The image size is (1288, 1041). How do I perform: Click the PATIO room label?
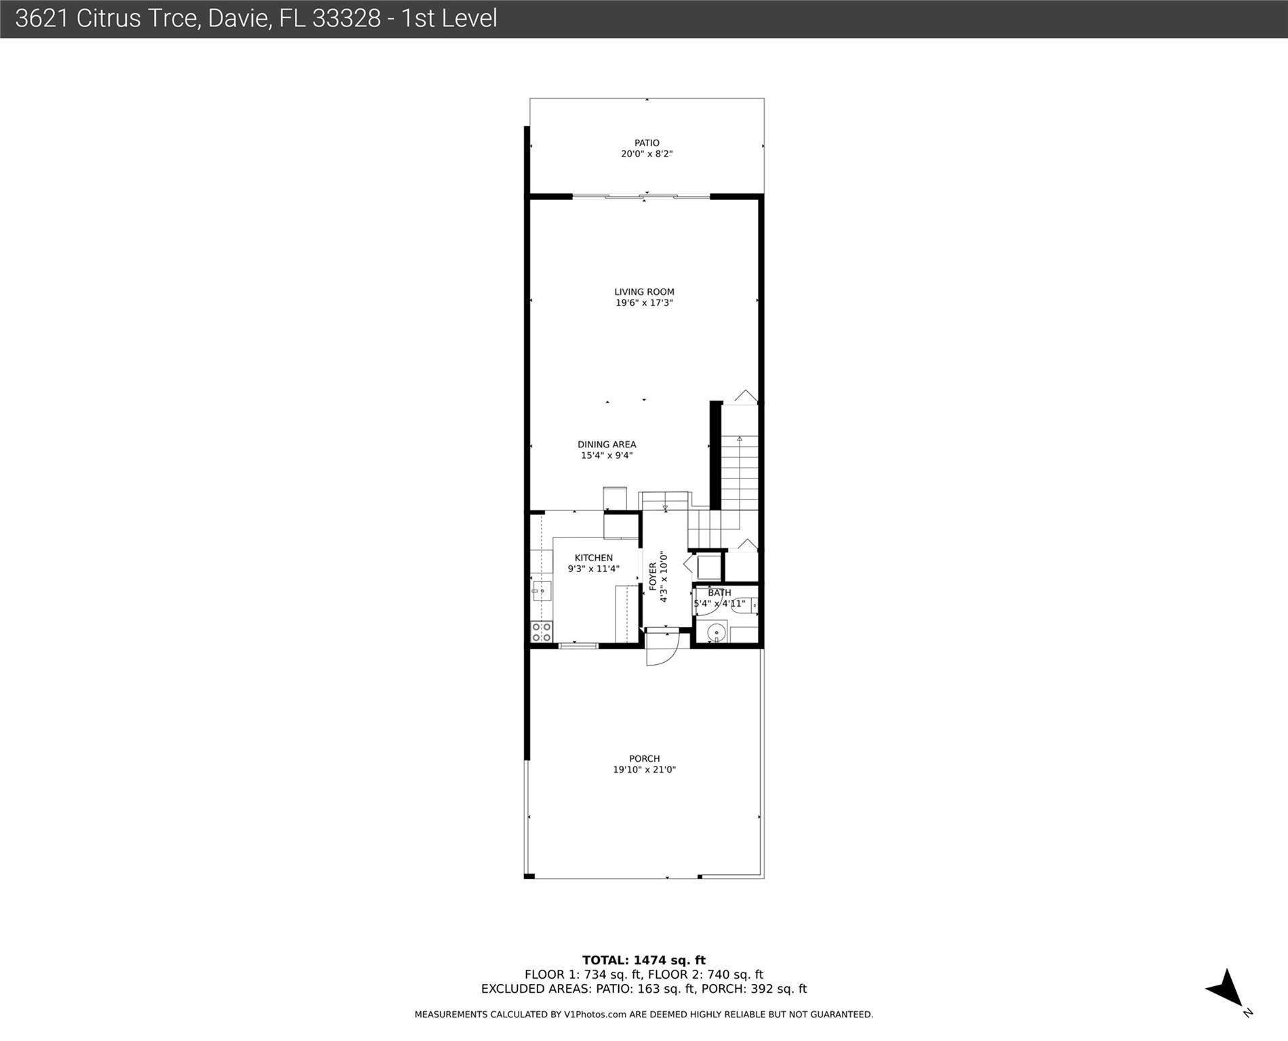[646, 143]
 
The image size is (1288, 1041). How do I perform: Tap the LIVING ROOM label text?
[644, 292]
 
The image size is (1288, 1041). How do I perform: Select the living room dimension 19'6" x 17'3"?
[644, 303]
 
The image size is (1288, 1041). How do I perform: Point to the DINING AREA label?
[607, 445]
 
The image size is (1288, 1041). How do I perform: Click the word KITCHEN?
[593, 558]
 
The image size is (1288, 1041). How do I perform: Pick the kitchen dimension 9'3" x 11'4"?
[593, 569]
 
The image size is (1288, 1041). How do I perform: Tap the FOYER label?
[653, 576]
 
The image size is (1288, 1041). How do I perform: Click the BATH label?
[719, 593]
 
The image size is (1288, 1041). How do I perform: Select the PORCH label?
[644, 758]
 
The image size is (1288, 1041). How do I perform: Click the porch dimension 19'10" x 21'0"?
[644, 769]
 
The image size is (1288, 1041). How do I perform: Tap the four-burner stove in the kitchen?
[542, 632]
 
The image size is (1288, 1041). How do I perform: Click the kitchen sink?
[541, 590]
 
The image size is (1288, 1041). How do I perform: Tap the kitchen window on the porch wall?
[578, 646]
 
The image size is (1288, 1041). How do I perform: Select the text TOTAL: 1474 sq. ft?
[643, 960]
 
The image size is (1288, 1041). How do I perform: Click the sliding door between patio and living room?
[641, 197]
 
